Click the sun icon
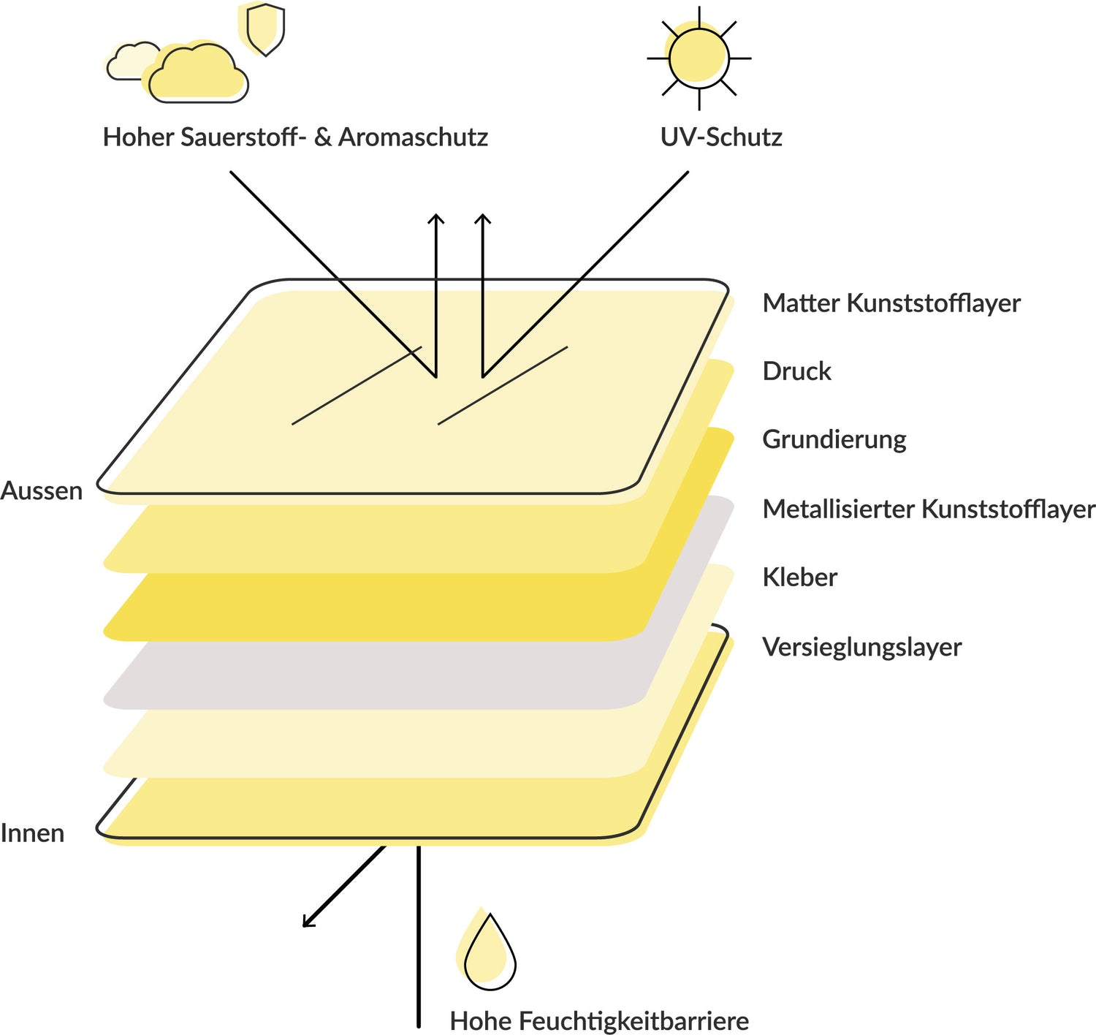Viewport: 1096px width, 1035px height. point(699,58)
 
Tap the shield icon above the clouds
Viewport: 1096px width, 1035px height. point(265,29)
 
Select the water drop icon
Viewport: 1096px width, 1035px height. point(490,953)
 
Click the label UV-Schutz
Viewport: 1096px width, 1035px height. point(721,137)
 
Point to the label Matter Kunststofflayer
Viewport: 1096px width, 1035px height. point(891,303)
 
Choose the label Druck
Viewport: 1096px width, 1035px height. point(796,371)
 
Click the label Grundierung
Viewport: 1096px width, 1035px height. point(834,439)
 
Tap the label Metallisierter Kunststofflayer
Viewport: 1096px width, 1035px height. point(928,509)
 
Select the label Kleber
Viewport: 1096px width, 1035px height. point(799,577)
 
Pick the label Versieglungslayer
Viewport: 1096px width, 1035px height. point(861,647)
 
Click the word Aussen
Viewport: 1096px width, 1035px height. point(42,490)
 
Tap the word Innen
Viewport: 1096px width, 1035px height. point(33,833)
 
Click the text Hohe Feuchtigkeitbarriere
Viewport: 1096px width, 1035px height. point(599,1020)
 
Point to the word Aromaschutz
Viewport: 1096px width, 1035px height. point(413,137)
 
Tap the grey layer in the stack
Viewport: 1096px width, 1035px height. point(380,676)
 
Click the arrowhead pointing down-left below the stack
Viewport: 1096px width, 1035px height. point(307,923)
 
